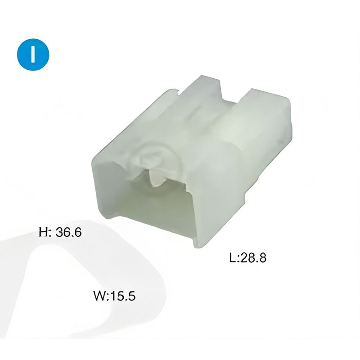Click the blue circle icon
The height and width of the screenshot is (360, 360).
[33, 54]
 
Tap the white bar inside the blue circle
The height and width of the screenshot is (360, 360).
[33, 54]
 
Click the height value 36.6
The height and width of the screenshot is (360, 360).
[69, 232]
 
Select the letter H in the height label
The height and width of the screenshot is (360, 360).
[43, 232]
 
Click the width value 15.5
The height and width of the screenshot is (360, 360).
[123, 296]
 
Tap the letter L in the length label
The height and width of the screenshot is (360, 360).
[233, 257]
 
